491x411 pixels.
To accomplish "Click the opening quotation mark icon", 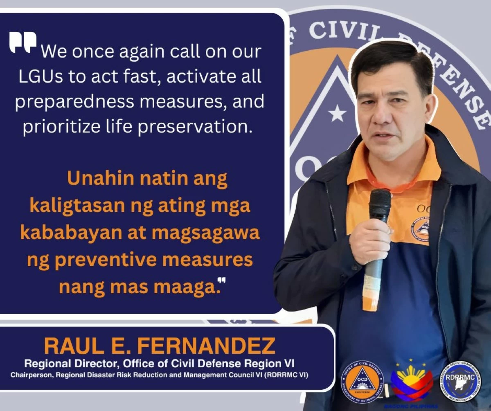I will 23,42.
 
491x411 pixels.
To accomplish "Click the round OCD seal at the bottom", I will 362,382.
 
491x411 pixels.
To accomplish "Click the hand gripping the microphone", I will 370,241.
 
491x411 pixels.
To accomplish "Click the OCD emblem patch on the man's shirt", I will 420,229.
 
